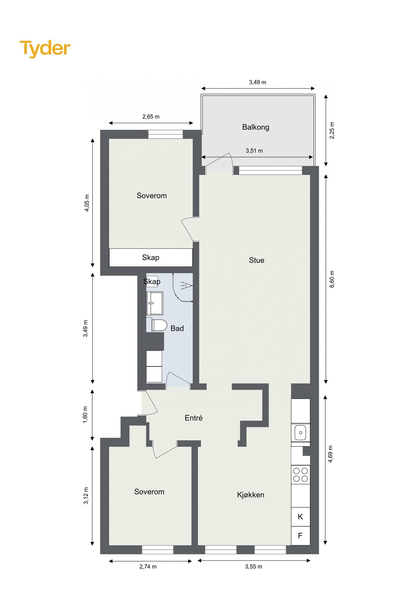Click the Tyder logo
(45, 49)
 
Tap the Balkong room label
(256, 127)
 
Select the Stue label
(257, 260)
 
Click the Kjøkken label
(251, 495)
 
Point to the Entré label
(194, 418)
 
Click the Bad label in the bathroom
(177, 328)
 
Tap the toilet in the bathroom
(157, 325)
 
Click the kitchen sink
(300, 433)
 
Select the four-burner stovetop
(300, 475)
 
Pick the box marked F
(300, 536)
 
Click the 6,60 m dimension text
(332, 279)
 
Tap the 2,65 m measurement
(151, 117)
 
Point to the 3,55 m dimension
(254, 567)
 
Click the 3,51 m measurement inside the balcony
(254, 151)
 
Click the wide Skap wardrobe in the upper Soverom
(151, 258)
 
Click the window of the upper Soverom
(166, 135)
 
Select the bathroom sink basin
(155, 303)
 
